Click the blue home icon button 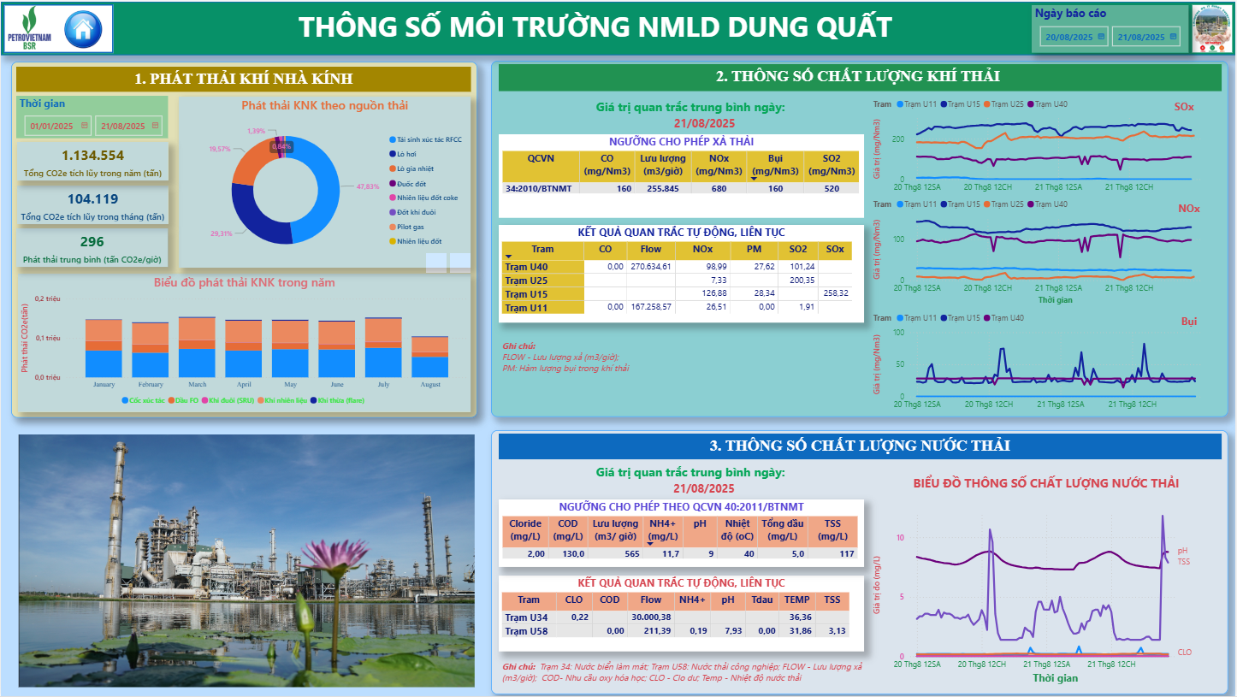[83, 29]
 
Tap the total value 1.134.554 [93, 155]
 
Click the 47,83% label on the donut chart [368, 186]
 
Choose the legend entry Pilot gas [411, 227]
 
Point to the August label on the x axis [430, 385]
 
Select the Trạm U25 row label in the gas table [526, 281]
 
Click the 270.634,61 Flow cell [651, 267]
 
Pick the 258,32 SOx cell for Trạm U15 [835, 293]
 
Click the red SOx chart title [1184, 107]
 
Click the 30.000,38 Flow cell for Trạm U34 [651, 617]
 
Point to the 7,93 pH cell [727, 631]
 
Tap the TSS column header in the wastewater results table [832, 600]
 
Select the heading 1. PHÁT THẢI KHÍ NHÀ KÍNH [244, 79]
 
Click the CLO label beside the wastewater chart [1184, 653]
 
